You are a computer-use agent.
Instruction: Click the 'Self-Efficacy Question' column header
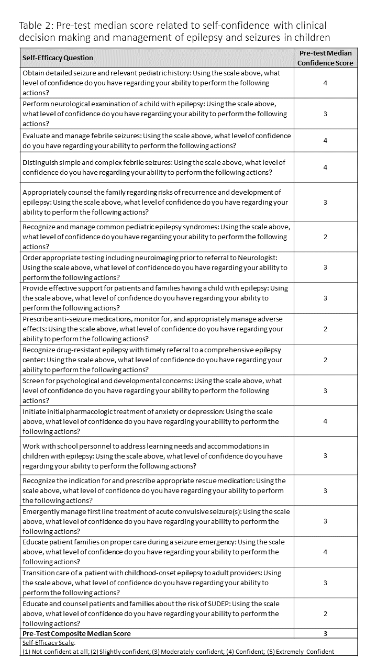[x=58, y=58]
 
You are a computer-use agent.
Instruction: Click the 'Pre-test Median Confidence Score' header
[x=325, y=58]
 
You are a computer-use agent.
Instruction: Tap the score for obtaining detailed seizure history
[x=325, y=83]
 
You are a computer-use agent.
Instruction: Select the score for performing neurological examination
[x=325, y=114]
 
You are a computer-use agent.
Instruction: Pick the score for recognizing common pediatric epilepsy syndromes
[x=325, y=237]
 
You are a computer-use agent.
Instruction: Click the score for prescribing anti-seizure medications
[x=325, y=329]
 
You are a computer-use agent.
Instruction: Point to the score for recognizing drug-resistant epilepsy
[x=325, y=360]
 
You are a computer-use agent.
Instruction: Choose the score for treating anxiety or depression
[x=325, y=421]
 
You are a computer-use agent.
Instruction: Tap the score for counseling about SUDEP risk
[x=325, y=613]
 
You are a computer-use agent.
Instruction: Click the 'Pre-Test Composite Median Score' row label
[x=76, y=633]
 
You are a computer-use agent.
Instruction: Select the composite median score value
[x=325, y=633]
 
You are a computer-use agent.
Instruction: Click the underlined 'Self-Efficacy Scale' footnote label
[x=49, y=643]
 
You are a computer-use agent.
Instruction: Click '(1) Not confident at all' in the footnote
[x=57, y=652]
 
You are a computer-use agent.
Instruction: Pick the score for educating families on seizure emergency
[x=325, y=552]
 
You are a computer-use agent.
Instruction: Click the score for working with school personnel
[x=325, y=456]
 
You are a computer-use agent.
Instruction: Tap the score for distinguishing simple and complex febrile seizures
[x=325, y=167]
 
